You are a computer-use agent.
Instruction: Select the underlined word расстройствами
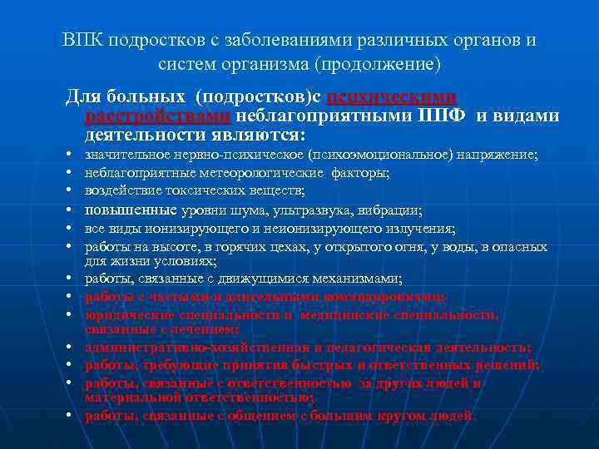coord(159,116)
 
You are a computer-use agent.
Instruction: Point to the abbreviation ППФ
coord(444,116)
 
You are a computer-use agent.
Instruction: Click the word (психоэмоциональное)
coord(385,155)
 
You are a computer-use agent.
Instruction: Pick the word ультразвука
coord(308,210)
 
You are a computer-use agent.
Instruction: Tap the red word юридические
coord(125,315)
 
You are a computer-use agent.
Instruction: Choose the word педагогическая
coord(344,347)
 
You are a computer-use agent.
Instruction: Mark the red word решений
coord(510,365)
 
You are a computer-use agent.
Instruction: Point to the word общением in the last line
coord(258,415)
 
